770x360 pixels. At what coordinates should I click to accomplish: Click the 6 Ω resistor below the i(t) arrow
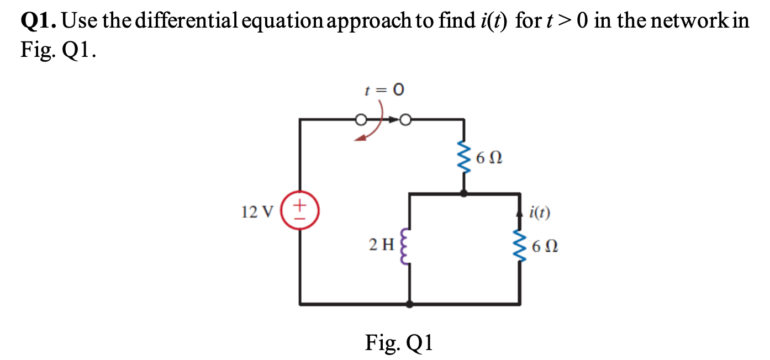click(519, 247)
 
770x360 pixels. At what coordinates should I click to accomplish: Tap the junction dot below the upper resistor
click(463, 193)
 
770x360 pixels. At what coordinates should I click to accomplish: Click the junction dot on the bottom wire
click(409, 304)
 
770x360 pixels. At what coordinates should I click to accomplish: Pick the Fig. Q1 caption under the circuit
click(399, 343)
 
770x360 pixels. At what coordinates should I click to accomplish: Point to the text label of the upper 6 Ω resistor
click(488, 159)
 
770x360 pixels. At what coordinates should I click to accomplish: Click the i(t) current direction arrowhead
click(519, 210)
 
